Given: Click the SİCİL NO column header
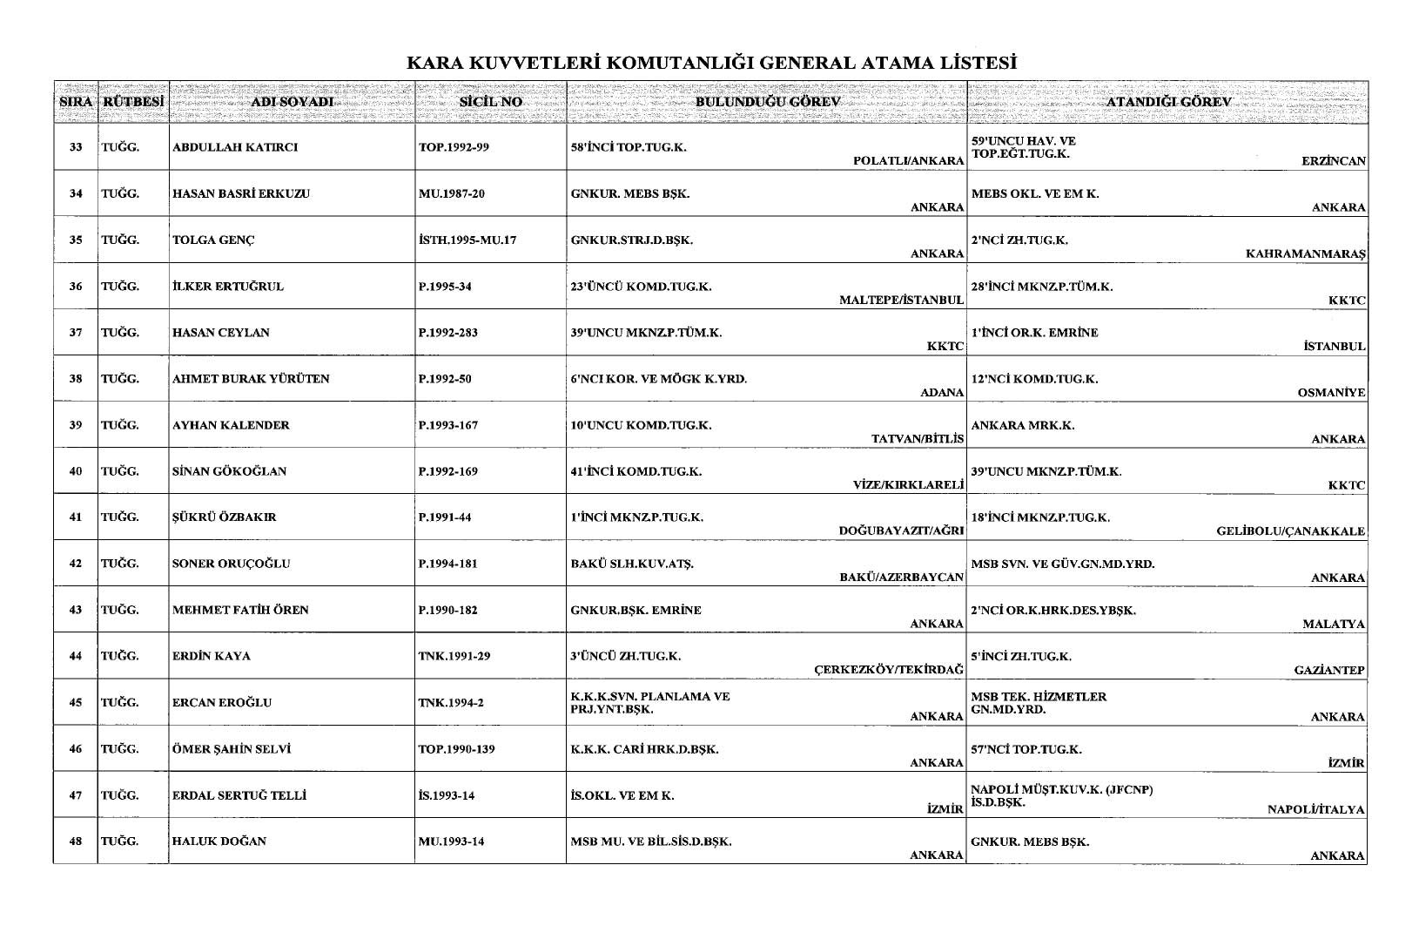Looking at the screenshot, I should point(490,102).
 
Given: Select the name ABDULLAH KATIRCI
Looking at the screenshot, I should point(235,147).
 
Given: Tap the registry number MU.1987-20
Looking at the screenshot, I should point(451,193).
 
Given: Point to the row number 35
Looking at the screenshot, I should point(76,240).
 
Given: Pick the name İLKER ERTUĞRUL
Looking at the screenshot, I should point(228,286).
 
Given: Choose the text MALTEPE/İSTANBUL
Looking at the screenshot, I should point(901,301).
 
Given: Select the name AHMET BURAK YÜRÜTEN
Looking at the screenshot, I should point(251,379).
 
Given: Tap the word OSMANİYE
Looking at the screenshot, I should point(1331,393).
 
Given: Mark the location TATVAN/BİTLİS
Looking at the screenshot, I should point(918,439).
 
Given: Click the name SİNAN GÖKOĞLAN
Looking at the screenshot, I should point(229,471).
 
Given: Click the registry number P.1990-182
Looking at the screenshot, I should point(447,610).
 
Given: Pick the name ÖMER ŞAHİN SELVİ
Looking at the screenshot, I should point(231,749).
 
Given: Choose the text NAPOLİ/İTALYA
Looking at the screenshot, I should point(1315,809).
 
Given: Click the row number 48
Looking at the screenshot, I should point(76,842).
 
